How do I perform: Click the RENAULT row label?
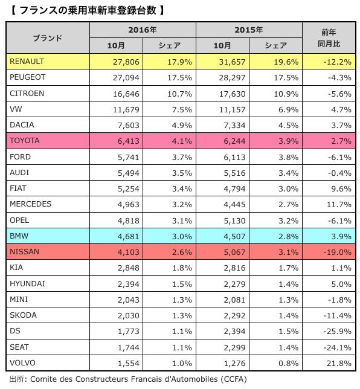pos(27,61)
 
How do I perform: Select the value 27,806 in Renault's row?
pos(126,62)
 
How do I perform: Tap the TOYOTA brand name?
pos(25,140)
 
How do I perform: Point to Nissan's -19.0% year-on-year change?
pos(338,252)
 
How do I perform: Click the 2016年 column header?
pos(143,30)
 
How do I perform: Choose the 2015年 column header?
pos(249,30)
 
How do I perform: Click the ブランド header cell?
pos(48,38)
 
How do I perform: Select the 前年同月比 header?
pos(329,38)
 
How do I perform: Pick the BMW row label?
pos(19,236)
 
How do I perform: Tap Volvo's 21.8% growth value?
pos(339,364)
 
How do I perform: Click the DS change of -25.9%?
pos(338,332)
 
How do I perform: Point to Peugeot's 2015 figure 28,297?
pos(232,78)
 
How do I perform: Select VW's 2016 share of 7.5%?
pos(182,110)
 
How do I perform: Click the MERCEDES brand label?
pos(31,204)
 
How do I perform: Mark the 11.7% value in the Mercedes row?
pos(339,205)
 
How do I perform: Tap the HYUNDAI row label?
pos(27,283)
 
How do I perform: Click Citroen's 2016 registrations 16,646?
pos(126,94)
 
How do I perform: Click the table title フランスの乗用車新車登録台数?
pos(88,10)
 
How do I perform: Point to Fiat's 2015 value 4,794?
pos(234,189)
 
